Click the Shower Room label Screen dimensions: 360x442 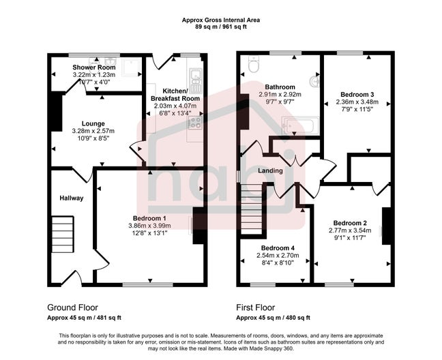(x=94, y=67)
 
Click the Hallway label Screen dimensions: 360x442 (x=70, y=198)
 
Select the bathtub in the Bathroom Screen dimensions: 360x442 (x=299, y=125)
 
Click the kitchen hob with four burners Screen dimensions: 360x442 (x=195, y=123)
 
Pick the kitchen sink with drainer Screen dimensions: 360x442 (x=196, y=81)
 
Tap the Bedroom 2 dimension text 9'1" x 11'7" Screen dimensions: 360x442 (x=351, y=238)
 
